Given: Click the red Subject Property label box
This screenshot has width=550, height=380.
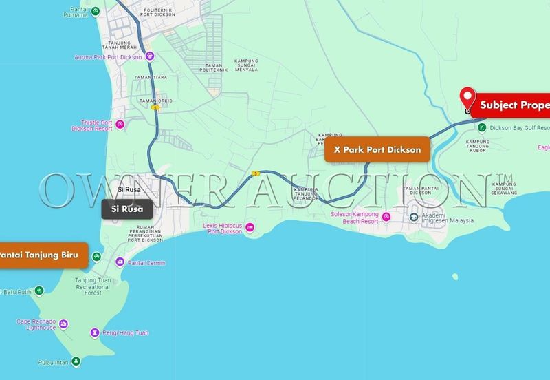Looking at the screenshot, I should click(x=512, y=105).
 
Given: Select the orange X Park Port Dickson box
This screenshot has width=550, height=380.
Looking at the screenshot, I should click(x=377, y=149).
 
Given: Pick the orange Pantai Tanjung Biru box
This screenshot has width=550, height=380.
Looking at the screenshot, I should click(x=43, y=255).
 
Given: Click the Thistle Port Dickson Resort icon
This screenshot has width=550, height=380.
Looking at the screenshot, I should click(x=120, y=124).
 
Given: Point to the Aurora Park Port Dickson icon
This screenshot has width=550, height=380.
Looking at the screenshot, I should click(x=149, y=56).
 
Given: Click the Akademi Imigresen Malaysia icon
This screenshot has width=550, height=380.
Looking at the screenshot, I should click(x=414, y=218).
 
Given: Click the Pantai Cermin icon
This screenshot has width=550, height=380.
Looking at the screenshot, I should click(x=120, y=262).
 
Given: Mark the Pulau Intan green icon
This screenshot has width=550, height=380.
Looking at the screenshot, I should click(x=76, y=361).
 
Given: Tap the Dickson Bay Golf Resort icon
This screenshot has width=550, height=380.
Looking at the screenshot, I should click(x=483, y=127).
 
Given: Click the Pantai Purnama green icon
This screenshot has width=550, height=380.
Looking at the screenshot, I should click(x=96, y=10).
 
